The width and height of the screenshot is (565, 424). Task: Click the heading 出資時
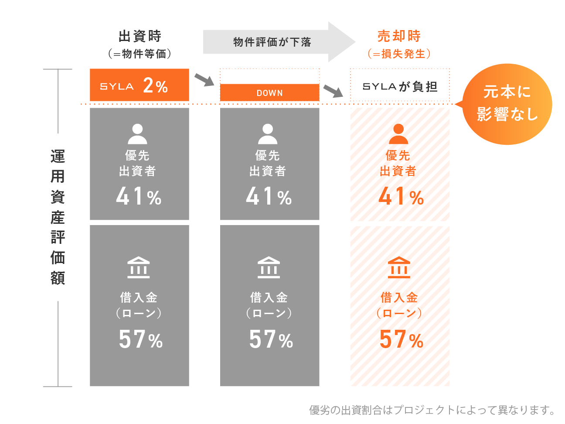pyautogui.click(x=140, y=36)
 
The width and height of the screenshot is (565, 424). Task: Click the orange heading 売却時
pyautogui.click(x=399, y=36)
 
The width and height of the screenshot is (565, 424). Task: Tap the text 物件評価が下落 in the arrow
pyautogui.click(x=272, y=42)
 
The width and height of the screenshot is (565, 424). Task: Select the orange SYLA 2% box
pyautogui.click(x=140, y=85)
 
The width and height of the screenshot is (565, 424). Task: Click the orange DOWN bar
pyautogui.click(x=269, y=92)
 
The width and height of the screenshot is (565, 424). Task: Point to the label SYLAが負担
pyautogui.click(x=400, y=86)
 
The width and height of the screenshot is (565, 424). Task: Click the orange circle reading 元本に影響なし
pyautogui.click(x=507, y=104)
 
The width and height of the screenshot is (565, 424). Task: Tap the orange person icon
pyautogui.click(x=398, y=134)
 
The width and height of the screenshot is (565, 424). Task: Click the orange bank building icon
pyautogui.click(x=399, y=267)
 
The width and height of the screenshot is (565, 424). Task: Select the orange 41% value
pyautogui.click(x=401, y=197)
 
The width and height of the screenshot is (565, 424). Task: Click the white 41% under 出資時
pyautogui.click(x=139, y=197)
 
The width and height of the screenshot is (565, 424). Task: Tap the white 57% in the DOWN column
pyautogui.click(x=271, y=339)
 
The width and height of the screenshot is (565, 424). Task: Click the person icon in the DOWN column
pyautogui.click(x=268, y=134)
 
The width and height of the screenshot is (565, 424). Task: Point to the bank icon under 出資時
pyautogui.click(x=138, y=267)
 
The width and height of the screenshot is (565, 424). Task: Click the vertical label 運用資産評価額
pyautogui.click(x=58, y=217)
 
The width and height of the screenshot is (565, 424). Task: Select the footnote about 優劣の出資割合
pyautogui.click(x=432, y=410)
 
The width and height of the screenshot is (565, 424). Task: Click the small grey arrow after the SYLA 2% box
pyautogui.click(x=204, y=80)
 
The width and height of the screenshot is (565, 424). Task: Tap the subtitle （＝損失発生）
pyautogui.click(x=399, y=54)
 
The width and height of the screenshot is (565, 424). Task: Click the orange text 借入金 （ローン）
pyautogui.click(x=399, y=305)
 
